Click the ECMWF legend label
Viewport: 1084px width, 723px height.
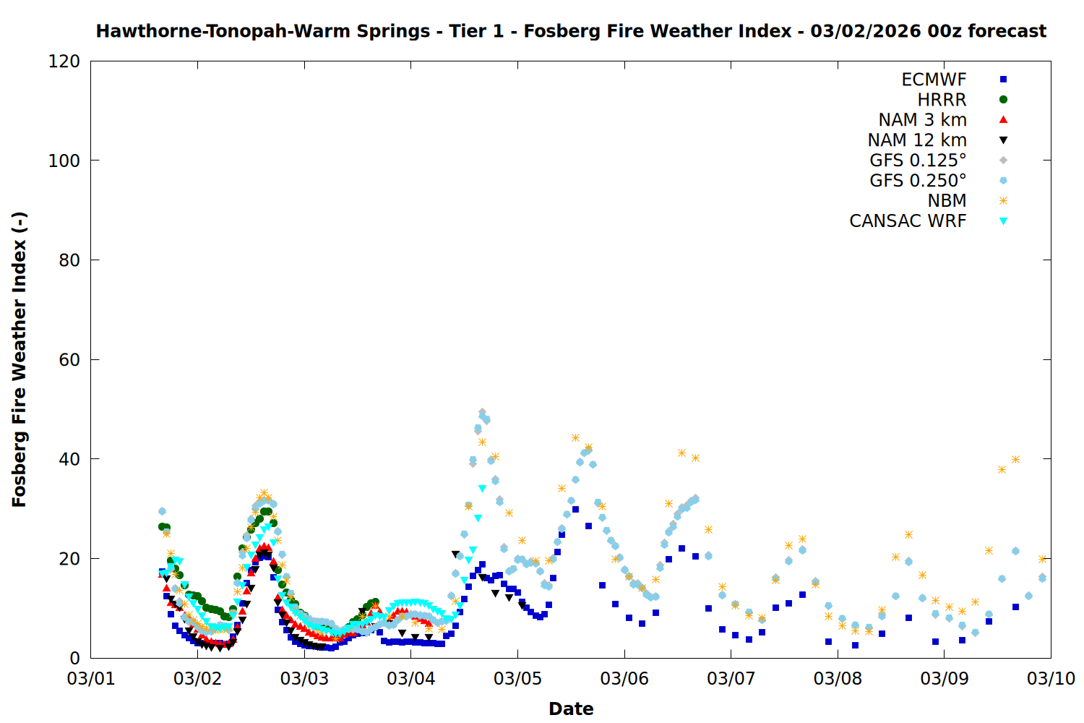pos(934,80)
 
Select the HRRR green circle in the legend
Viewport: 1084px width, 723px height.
pos(1003,100)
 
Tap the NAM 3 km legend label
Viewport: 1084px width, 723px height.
pos(922,120)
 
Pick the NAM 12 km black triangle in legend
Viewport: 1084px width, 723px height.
pos(1003,140)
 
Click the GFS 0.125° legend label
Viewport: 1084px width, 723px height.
pos(918,161)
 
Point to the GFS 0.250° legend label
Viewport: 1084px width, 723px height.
pos(918,181)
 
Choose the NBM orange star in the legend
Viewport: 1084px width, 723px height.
pos(1003,201)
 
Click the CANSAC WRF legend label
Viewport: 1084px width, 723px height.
pos(908,221)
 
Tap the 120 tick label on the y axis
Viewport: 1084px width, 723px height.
pos(64,61)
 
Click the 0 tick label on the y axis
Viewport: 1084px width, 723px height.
pos(74,658)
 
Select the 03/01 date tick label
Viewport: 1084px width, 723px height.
pos(91,679)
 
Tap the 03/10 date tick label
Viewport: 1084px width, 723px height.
pos(1051,679)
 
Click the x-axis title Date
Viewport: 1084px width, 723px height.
pos(571,709)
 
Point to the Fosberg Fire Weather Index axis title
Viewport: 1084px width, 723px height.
pos(20,359)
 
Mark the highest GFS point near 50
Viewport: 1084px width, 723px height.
pos(482,412)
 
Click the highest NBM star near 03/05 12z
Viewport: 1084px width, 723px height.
pos(575,437)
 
